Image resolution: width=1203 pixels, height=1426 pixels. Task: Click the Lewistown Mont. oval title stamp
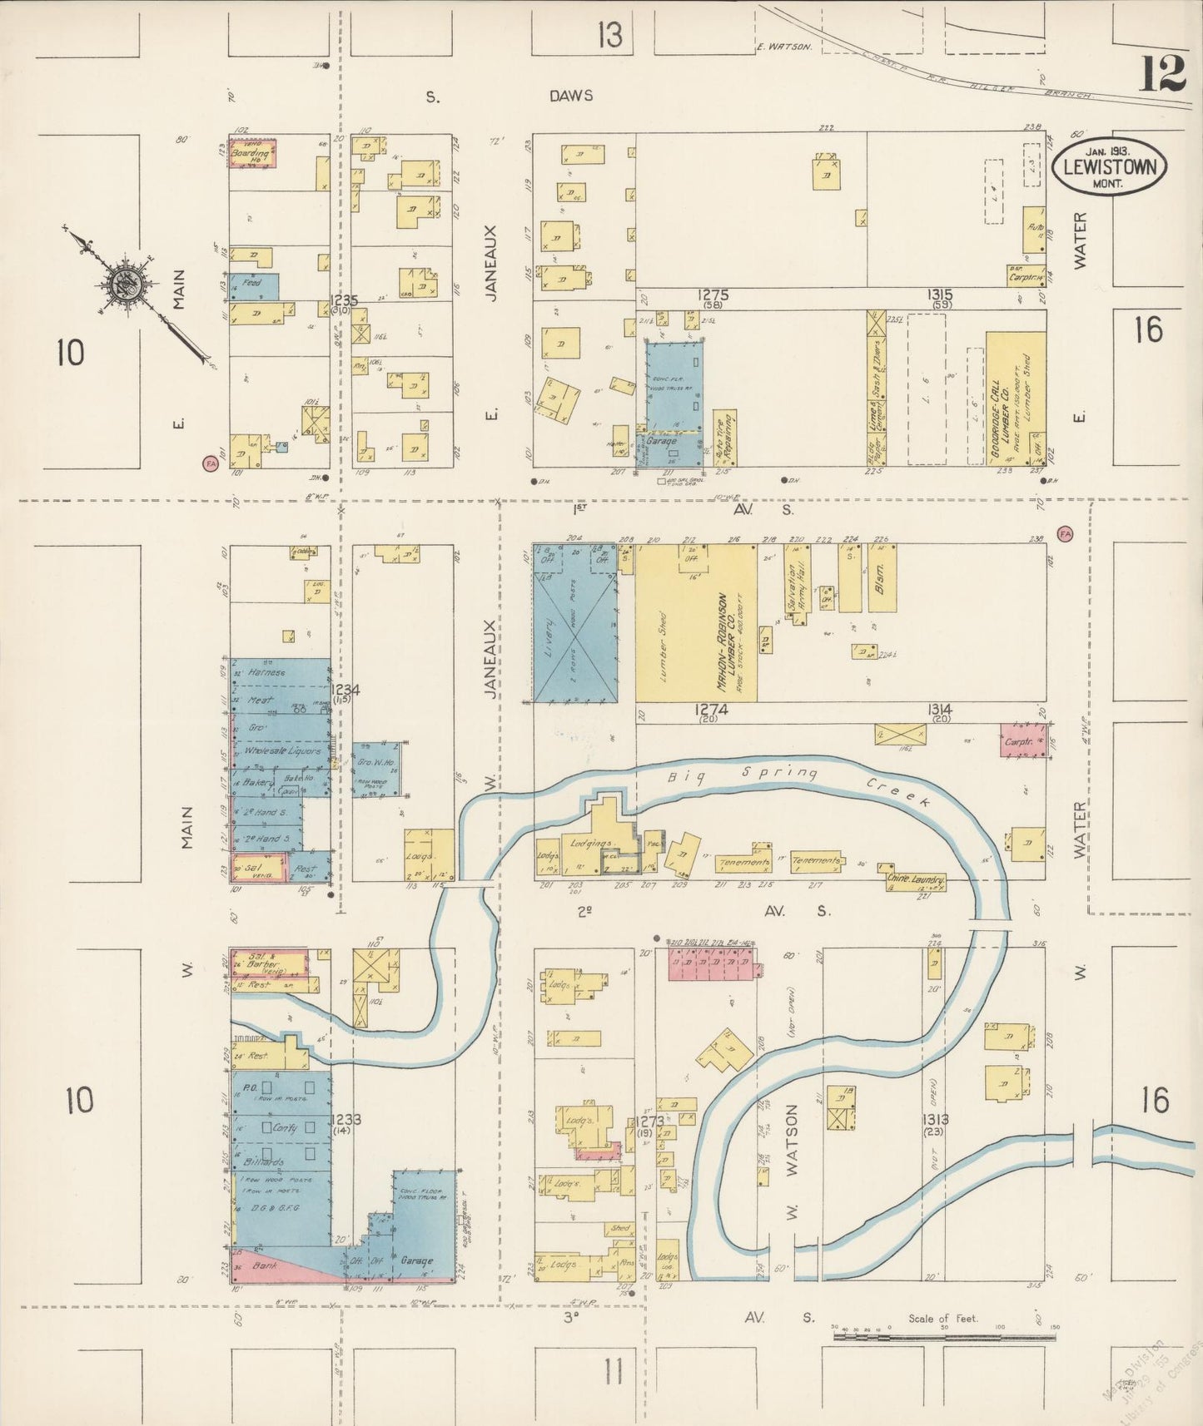1109,166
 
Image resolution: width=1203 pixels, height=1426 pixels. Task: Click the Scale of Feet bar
944,1336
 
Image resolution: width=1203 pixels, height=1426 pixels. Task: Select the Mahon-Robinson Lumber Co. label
730,641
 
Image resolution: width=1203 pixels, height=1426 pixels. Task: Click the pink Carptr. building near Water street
1023,740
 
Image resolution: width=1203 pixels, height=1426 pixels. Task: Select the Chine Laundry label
915,880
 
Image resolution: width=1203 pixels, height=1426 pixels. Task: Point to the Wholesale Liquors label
282,750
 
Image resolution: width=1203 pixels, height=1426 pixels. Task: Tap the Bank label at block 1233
264,1265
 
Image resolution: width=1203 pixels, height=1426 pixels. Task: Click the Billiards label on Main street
265,1161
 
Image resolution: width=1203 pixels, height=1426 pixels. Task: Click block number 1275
713,294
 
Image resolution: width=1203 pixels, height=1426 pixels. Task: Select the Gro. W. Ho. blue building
376,770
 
